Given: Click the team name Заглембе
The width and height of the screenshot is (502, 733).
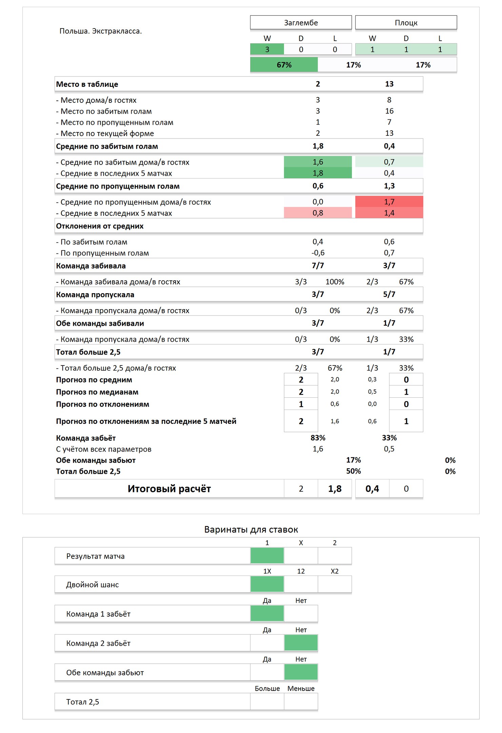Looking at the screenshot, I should pos(301,23).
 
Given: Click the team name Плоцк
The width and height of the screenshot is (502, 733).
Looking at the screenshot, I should pos(406,23).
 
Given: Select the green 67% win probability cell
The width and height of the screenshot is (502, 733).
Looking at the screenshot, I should pos(284,65).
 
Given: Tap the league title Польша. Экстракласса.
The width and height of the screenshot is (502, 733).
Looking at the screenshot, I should pos(101,31).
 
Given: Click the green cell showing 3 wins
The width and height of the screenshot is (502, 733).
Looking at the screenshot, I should pos(267,50).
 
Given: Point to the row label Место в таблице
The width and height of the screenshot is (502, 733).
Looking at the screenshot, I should pos(87,84).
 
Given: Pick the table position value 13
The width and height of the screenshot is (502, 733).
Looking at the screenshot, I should pos(389,84).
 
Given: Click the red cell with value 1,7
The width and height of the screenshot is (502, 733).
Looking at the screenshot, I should pos(389,202).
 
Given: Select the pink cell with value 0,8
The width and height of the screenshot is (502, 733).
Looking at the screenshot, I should pos(318,213).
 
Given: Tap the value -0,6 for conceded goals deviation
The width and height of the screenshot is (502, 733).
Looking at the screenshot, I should pos(318,253).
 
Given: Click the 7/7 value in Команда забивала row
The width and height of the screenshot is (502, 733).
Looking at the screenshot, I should pos(318,266).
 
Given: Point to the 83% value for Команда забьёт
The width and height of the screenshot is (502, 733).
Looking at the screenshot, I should pos(318,438).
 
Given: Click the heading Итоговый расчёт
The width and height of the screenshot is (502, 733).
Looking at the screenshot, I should pos(169,489).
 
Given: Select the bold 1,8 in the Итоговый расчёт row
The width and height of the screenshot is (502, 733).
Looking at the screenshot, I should pos(335,489).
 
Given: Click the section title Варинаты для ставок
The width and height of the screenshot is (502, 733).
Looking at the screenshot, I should pos(251,530).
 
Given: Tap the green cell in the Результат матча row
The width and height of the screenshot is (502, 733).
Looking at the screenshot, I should pos(267,556).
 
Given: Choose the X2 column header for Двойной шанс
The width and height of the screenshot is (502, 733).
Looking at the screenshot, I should pos(335,571).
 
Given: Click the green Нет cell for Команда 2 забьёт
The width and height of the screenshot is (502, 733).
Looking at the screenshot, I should pos(301,643).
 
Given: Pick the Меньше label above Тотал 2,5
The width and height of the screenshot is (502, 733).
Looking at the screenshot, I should pos(301,689).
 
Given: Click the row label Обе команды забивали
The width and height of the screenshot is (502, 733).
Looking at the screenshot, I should pos(100,323).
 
